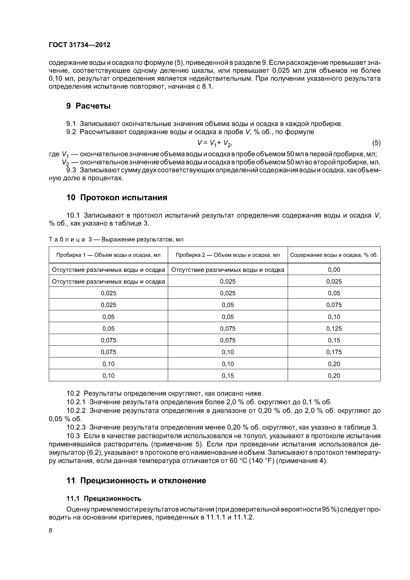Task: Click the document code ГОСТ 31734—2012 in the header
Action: pyautogui.click(x=80, y=45)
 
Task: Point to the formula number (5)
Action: pyautogui.click(x=376, y=143)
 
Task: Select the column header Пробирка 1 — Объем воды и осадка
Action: pyautogui.click(x=108, y=255)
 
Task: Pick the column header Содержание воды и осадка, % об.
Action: pyautogui.click(x=334, y=255)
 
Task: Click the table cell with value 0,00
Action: pyautogui.click(x=334, y=270)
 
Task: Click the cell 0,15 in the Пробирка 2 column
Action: pyautogui.click(x=228, y=376)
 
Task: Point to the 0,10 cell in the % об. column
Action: pyautogui.click(x=334, y=317)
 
